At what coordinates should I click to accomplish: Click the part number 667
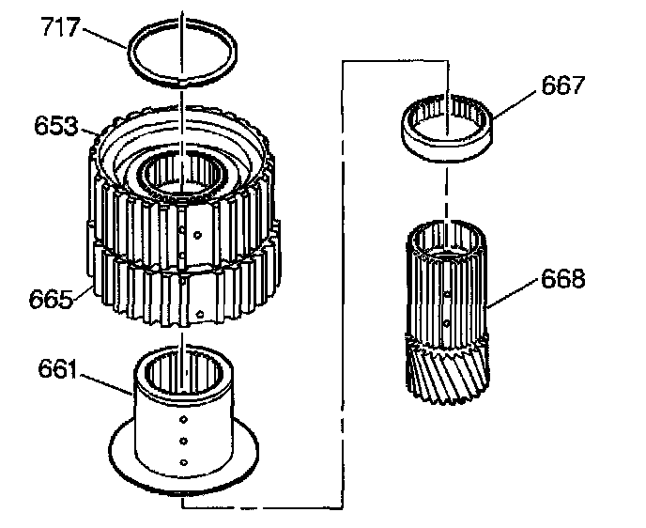pyautogui.click(x=563, y=86)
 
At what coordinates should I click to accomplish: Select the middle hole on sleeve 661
pyautogui.click(x=184, y=440)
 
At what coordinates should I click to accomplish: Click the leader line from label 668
pyautogui.click(x=513, y=293)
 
